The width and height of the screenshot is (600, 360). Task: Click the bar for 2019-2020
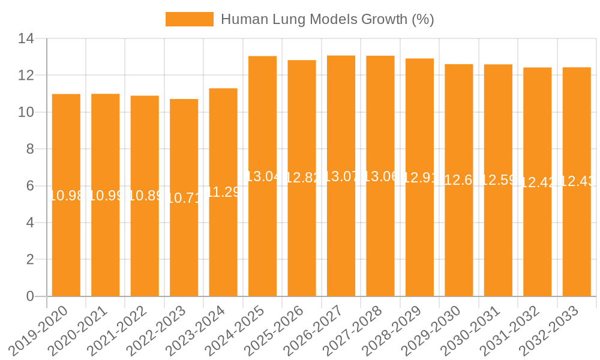tap(66, 240)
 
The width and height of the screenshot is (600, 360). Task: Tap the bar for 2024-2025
tap(262, 240)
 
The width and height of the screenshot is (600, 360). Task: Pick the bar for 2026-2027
tap(341, 240)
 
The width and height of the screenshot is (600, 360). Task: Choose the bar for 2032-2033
tap(577, 240)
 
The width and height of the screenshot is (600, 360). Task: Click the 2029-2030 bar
tap(458, 240)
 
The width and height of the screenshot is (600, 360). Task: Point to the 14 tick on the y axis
tap(26, 39)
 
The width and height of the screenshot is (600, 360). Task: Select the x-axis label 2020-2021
tap(79, 330)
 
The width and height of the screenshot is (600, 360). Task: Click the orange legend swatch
tap(189, 19)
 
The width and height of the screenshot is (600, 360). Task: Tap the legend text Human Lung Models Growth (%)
tap(327, 19)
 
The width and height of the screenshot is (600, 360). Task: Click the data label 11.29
tap(223, 192)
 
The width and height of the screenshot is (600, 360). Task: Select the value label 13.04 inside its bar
tap(263, 176)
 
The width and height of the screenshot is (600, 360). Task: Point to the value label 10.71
tap(184, 198)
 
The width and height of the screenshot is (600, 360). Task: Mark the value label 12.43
tap(577, 181)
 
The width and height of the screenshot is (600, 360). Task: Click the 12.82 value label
tap(302, 178)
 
